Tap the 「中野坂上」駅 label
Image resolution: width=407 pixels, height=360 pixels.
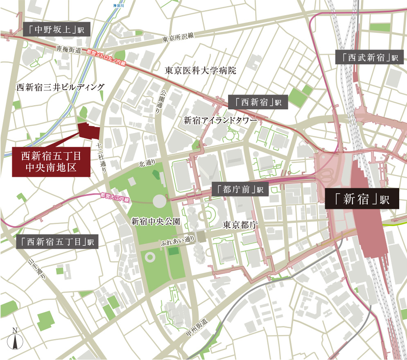pyautogui.click(x=57, y=30)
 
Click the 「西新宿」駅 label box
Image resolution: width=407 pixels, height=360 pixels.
pyautogui.click(x=258, y=102)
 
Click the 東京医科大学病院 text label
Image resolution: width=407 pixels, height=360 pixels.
pyautogui.click(x=201, y=70)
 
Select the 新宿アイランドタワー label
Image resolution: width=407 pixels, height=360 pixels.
pyautogui.click(x=220, y=121)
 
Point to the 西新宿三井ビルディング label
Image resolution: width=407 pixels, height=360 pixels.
pyautogui.click(x=60, y=87)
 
